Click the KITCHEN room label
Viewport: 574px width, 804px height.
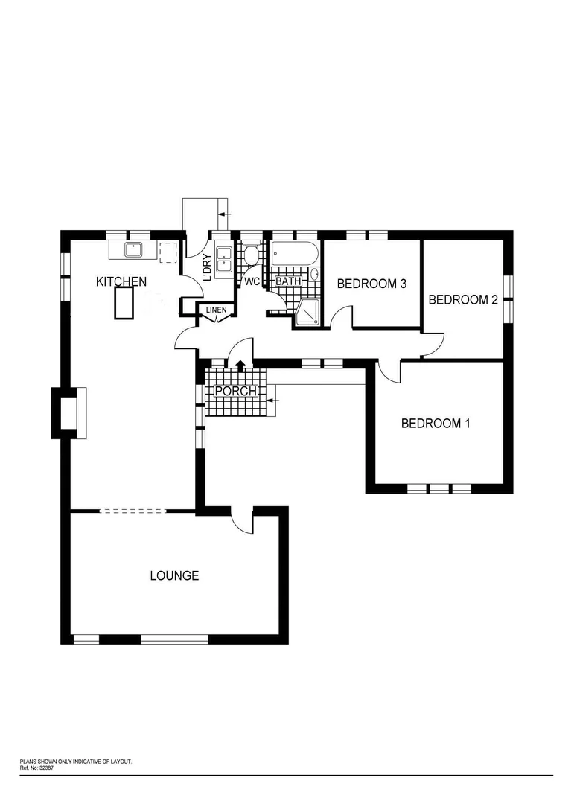point(121,282)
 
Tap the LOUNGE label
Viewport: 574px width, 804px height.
point(174,575)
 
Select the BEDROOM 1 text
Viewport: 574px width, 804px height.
point(436,424)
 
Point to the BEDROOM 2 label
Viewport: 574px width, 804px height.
point(462,300)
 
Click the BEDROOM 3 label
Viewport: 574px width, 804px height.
point(371,284)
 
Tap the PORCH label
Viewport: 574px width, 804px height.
point(235,392)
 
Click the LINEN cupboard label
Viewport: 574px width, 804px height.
point(216,310)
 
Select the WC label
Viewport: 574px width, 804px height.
point(252,282)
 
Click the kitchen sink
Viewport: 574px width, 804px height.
point(134,249)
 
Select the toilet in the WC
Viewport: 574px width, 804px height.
point(252,255)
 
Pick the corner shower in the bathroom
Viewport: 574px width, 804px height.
point(306,314)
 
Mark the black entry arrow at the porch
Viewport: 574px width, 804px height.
point(240,365)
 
